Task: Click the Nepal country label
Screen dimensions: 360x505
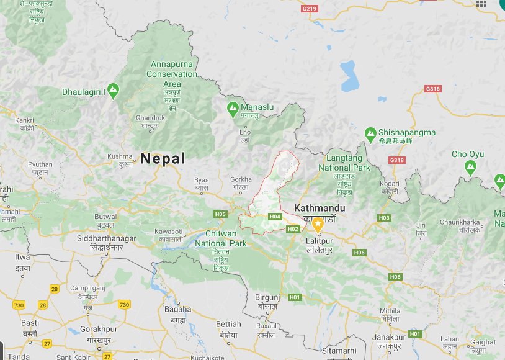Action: pyautogui.click(x=163, y=158)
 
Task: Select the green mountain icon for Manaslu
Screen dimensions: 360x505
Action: pyautogui.click(x=233, y=107)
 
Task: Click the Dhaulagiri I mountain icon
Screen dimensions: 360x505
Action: pyautogui.click(x=113, y=91)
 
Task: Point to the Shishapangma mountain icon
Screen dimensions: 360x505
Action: pyautogui.click(x=370, y=133)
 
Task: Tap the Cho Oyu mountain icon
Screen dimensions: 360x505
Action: pyautogui.click(x=470, y=166)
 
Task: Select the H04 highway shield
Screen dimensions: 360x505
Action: pyautogui.click(x=275, y=217)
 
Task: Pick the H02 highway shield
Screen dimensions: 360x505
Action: pyautogui.click(x=293, y=229)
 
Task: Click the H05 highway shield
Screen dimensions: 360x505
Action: pyautogui.click(x=220, y=214)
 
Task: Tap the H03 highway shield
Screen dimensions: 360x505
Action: pyautogui.click(x=384, y=218)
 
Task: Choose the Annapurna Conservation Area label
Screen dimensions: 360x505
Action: pyautogui.click(x=172, y=73)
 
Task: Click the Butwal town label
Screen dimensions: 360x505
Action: pyautogui.click(x=105, y=217)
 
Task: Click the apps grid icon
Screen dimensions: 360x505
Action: pyautogui.click(x=481, y=4)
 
